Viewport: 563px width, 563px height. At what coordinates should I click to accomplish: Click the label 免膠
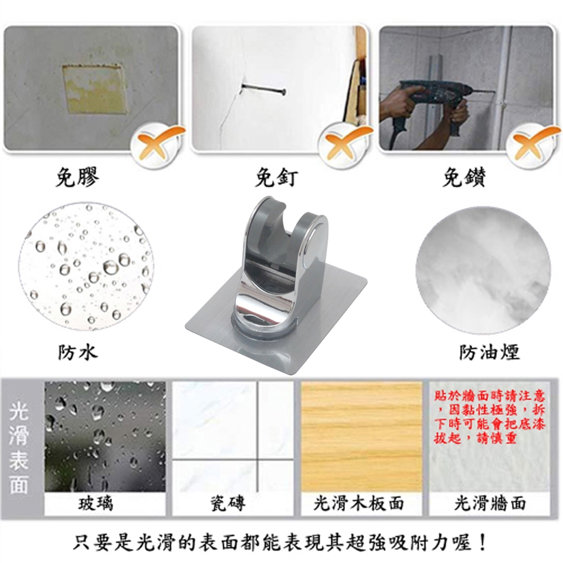[x=77, y=177]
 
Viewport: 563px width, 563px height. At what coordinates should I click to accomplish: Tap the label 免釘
[x=276, y=177]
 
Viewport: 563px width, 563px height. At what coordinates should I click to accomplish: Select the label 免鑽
[x=464, y=177]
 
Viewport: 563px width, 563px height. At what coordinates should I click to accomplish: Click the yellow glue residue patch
[x=95, y=89]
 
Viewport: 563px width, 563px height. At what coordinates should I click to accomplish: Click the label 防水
[x=77, y=352]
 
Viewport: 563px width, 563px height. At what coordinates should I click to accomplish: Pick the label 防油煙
[x=489, y=352]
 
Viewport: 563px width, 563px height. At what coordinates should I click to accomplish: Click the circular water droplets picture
[x=86, y=266]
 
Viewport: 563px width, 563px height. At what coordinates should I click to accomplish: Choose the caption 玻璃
[x=96, y=503]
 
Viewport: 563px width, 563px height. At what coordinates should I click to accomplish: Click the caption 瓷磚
[x=228, y=503]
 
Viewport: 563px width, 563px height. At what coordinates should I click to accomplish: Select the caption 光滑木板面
[x=358, y=503]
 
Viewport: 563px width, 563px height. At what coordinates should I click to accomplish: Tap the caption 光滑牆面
[x=490, y=503]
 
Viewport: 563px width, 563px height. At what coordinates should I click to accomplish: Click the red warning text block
[x=490, y=417]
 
